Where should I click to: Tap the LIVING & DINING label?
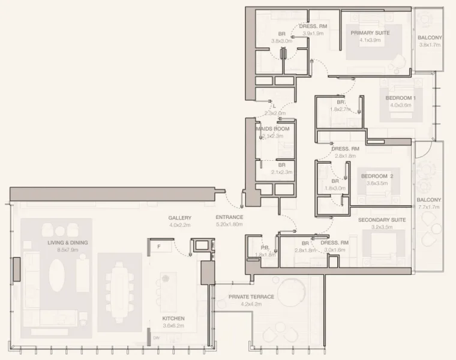[68, 242]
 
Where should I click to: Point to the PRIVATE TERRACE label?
[251, 296]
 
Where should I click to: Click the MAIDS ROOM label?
[272, 129]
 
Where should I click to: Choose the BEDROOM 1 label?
[400, 98]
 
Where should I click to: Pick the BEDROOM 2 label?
[377, 176]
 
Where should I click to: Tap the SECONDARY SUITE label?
[382, 220]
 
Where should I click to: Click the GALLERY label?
[179, 218]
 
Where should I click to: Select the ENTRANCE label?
[229, 217]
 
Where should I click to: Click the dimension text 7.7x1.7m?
[428, 207]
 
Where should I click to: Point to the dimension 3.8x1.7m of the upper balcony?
[430, 44]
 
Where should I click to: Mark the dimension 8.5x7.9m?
[68, 250]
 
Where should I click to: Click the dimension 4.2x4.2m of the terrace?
[251, 304]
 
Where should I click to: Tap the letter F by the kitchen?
[158, 247]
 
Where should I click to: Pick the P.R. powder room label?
[265, 247]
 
